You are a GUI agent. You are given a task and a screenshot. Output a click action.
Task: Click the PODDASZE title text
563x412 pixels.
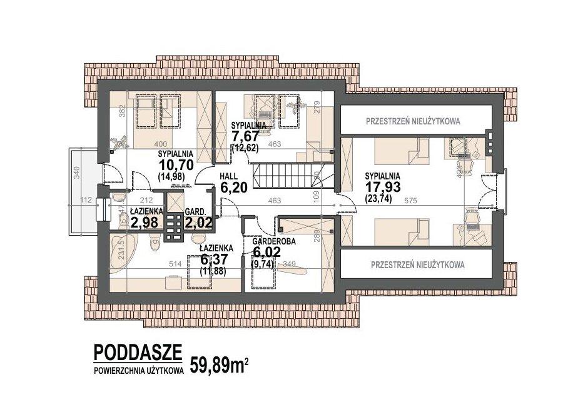[138, 353]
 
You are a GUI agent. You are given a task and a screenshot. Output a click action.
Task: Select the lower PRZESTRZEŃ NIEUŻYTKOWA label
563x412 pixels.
[417, 264]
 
